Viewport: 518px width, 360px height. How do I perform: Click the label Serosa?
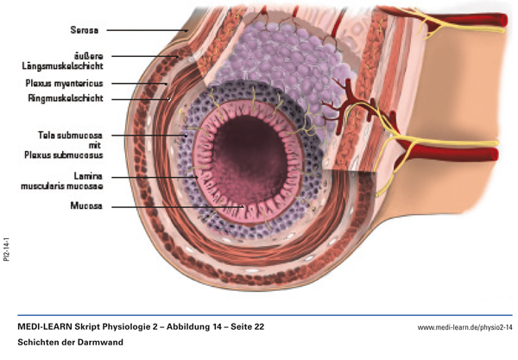pos(85,30)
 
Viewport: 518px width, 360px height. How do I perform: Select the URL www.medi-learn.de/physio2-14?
pos(464,328)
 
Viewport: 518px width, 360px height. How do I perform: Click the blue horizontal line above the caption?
pos(259,315)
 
